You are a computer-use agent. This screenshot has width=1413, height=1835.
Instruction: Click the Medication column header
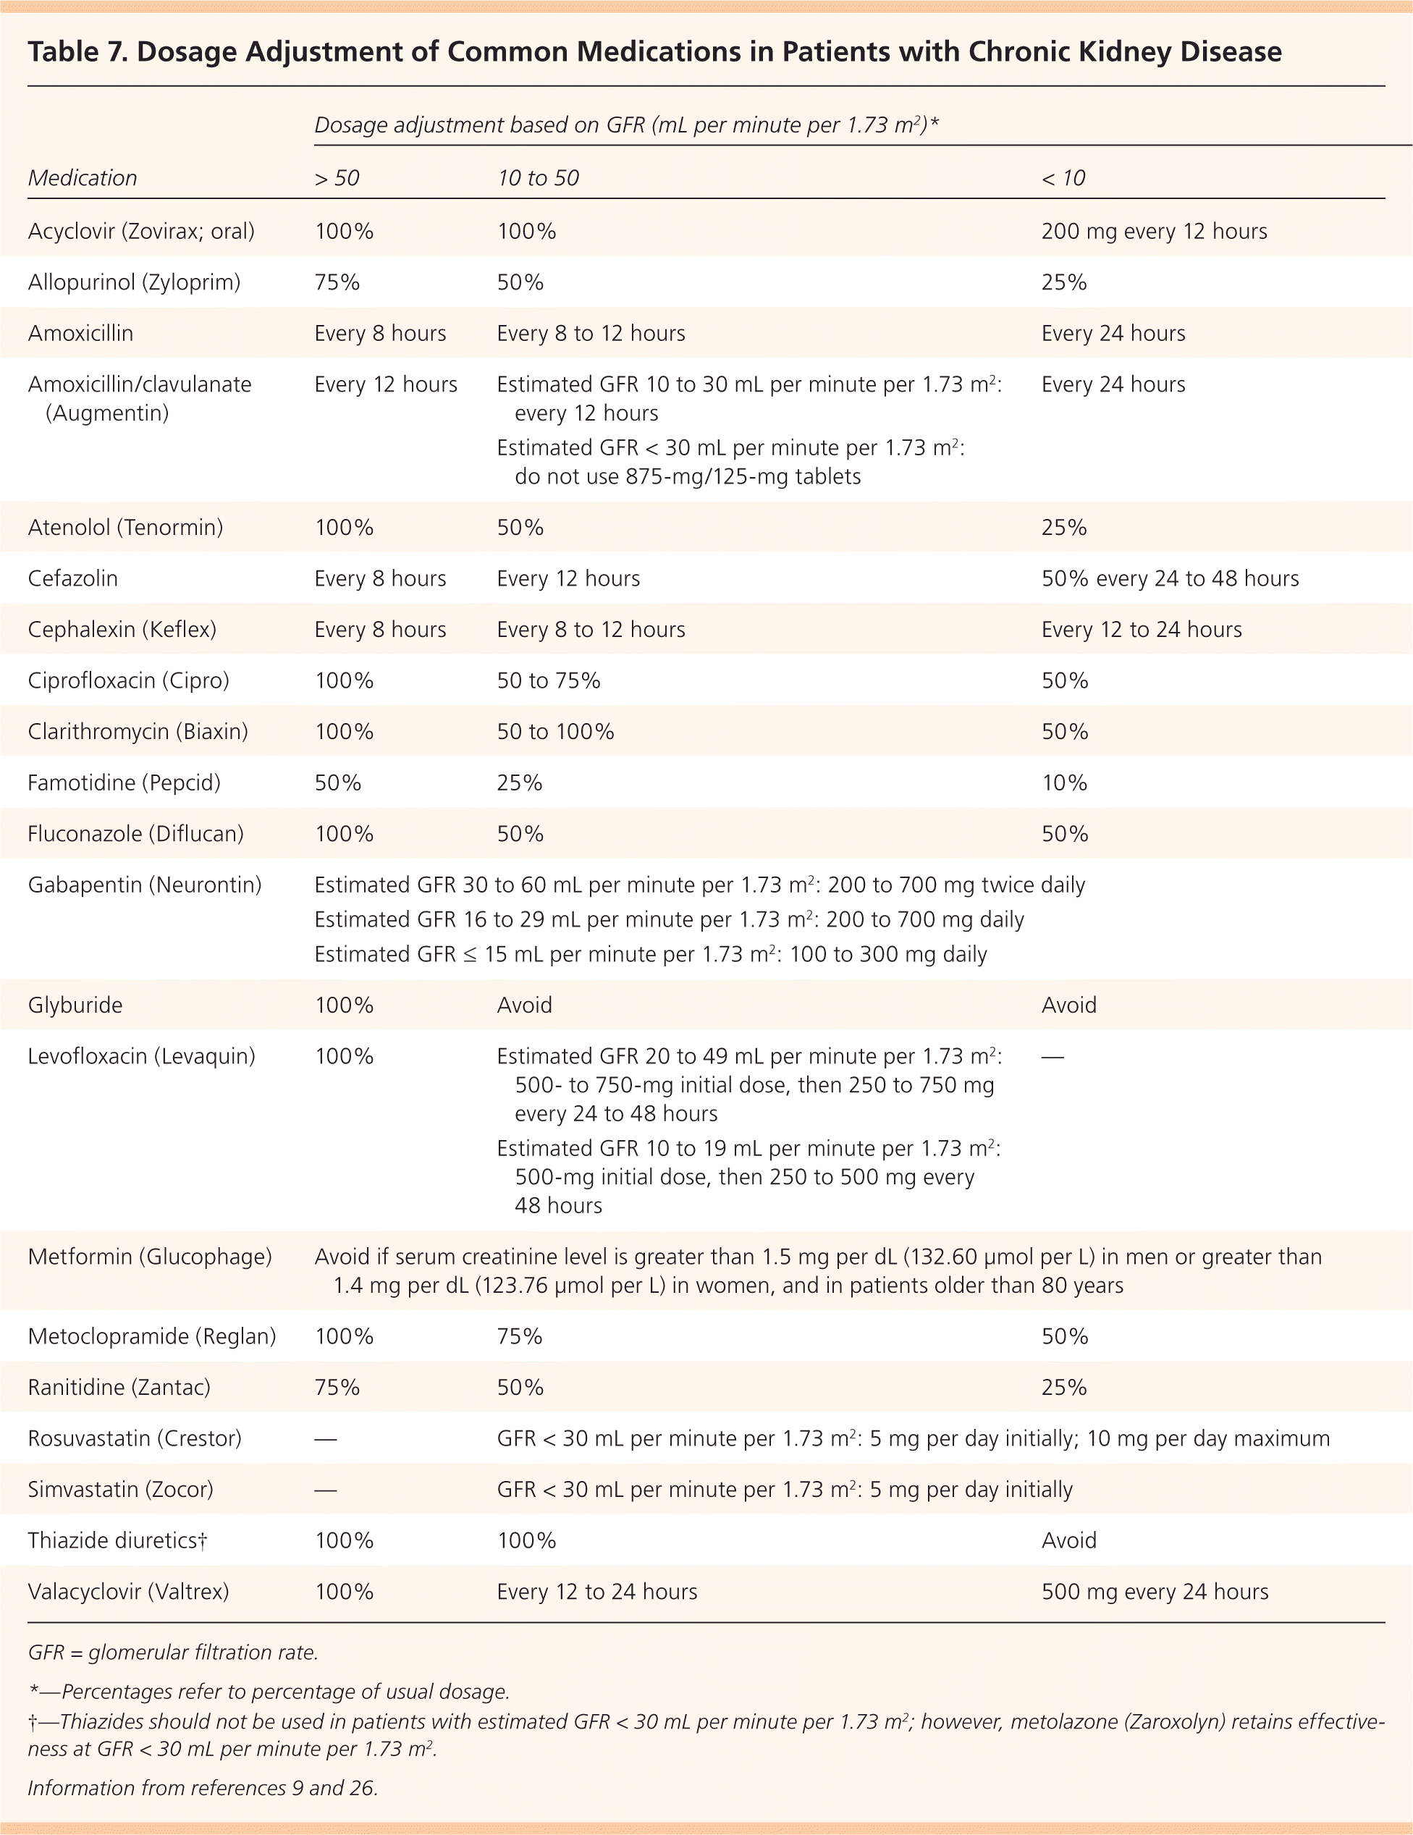[83, 178]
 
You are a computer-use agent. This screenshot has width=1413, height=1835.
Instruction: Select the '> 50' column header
[337, 178]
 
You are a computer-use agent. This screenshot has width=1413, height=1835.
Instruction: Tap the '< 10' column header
[1063, 178]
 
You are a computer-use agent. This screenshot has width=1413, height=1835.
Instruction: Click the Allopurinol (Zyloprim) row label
[134, 282]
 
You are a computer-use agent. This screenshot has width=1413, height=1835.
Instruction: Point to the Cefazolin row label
[72, 579]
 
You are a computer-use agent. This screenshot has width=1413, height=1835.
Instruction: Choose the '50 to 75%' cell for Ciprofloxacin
[548, 680]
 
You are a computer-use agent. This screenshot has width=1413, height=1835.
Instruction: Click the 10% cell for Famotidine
[1063, 783]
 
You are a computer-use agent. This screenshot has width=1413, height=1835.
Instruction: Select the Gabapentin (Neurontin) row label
[145, 885]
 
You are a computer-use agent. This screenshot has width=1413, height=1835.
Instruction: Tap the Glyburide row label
[75, 1005]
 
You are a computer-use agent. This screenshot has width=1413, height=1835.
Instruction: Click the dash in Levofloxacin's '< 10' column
[1052, 1057]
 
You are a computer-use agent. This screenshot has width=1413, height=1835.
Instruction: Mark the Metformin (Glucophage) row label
[150, 1257]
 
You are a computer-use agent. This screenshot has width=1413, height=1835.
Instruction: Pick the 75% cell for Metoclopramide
[519, 1337]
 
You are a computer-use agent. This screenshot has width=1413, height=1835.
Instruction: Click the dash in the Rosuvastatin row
[325, 1439]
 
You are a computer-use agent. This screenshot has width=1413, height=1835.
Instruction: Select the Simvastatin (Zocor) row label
[120, 1490]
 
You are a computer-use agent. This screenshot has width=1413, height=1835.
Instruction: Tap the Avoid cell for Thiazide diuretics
[1068, 1541]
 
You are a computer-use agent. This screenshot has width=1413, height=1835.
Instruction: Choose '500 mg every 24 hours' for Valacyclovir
[1155, 1593]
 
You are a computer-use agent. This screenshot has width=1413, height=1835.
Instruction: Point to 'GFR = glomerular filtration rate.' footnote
[172, 1653]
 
